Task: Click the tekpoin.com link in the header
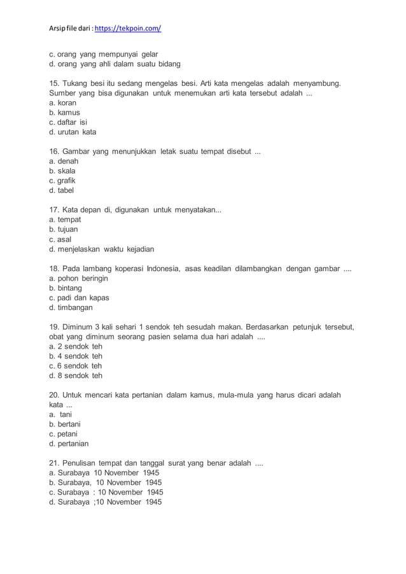128,29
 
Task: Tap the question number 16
54,151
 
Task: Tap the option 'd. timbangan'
71,307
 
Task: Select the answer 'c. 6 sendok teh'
75,366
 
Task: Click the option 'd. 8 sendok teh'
75,375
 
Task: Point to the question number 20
55,395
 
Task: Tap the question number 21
54,463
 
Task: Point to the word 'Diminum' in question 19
80,327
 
